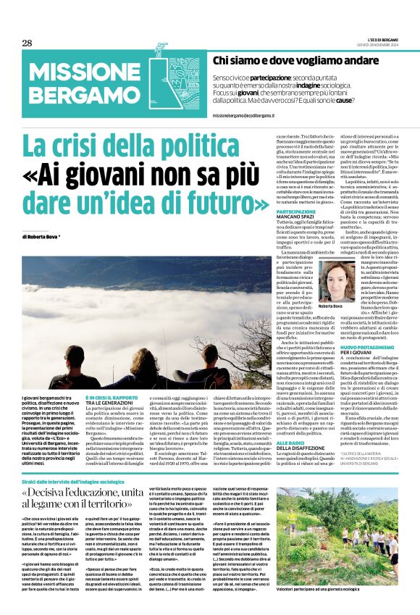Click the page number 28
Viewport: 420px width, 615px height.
[27, 43]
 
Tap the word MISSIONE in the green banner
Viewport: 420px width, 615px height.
[79, 72]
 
